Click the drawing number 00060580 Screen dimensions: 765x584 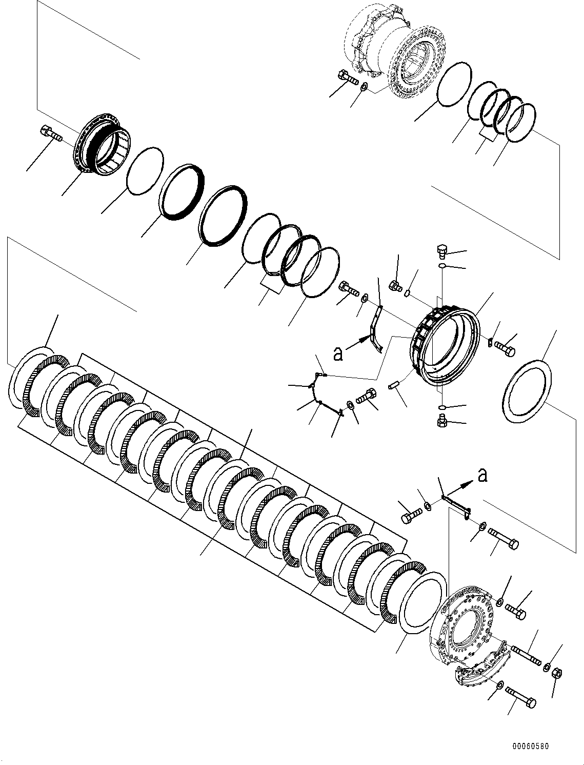tap(529, 746)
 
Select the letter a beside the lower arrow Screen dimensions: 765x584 tap(482, 475)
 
